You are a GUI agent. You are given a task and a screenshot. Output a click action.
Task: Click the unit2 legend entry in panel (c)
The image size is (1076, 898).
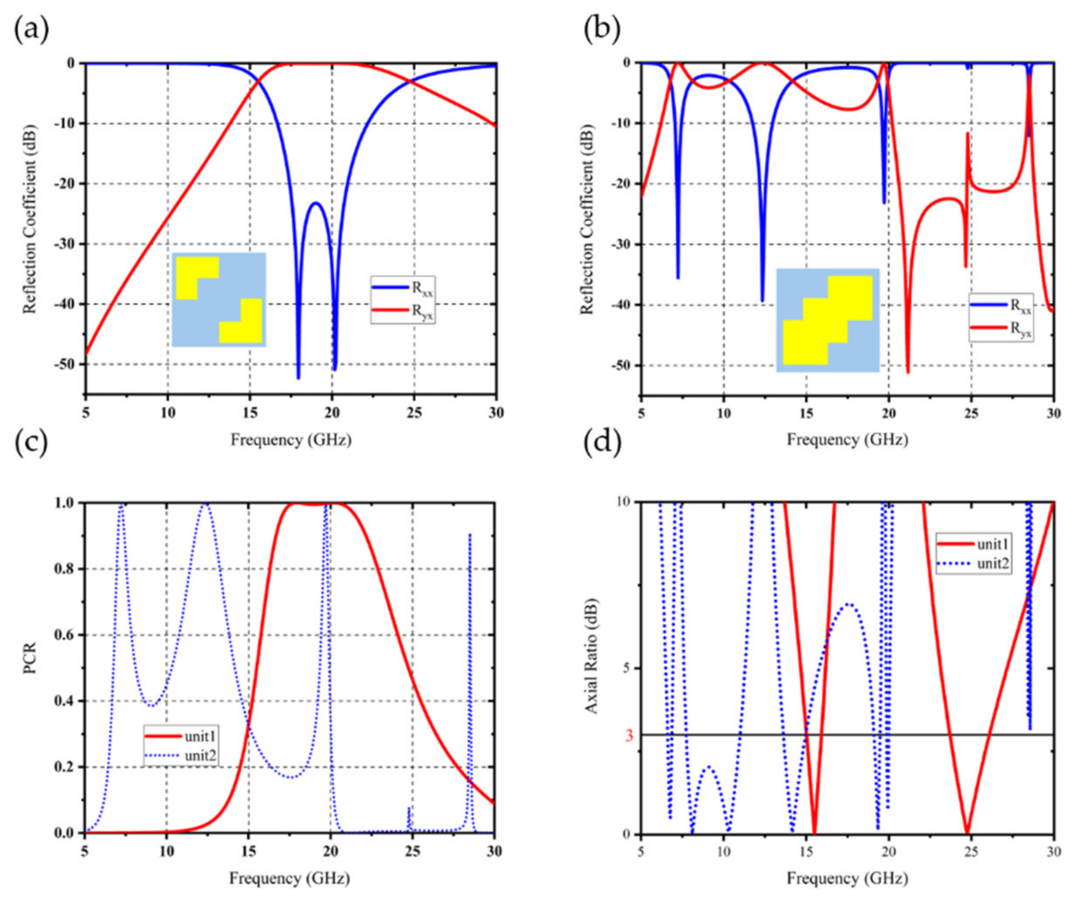(x=182, y=756)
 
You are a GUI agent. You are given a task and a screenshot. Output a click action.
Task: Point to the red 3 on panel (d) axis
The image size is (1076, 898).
(x=629, y=736)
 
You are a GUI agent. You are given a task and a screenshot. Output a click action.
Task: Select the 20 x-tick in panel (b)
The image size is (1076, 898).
(x=889, y=414)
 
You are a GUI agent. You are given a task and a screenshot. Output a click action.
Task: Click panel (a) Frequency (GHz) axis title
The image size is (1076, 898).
(x=290, y=440)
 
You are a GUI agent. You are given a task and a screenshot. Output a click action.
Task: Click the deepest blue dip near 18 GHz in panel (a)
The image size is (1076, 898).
(x=298, y=377)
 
